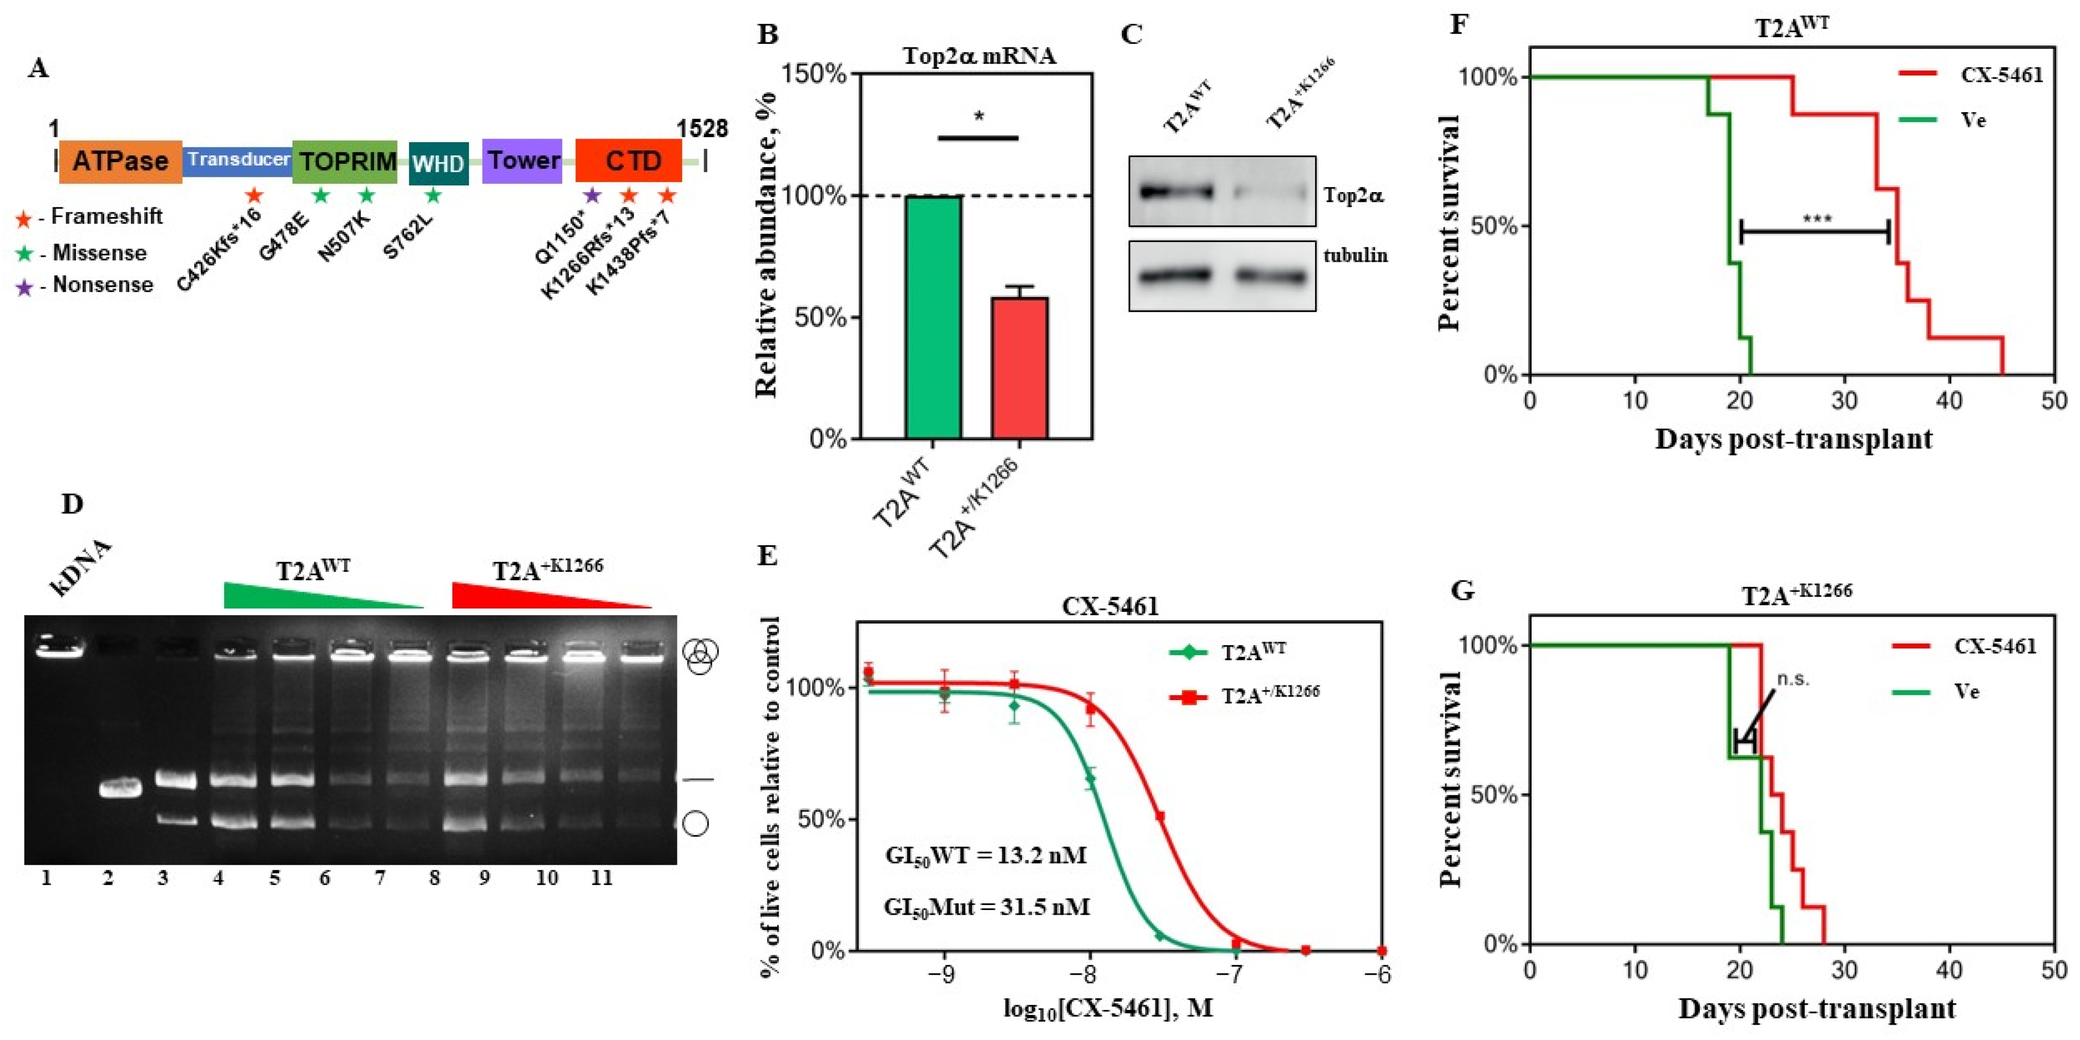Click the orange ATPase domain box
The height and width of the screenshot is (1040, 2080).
point(120,161)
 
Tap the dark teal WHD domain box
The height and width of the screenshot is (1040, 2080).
point(438,164)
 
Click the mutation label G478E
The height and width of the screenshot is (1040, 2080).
point(284,238)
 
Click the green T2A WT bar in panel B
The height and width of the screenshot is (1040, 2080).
point(933,317)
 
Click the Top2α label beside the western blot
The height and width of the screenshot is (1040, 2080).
point(1353,195)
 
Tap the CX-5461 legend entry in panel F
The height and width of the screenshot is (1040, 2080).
point(2001,75)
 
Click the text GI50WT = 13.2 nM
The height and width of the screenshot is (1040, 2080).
point(985,855)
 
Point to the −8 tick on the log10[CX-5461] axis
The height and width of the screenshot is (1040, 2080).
point(1088,975)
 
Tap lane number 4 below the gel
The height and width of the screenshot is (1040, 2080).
point(218,877)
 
